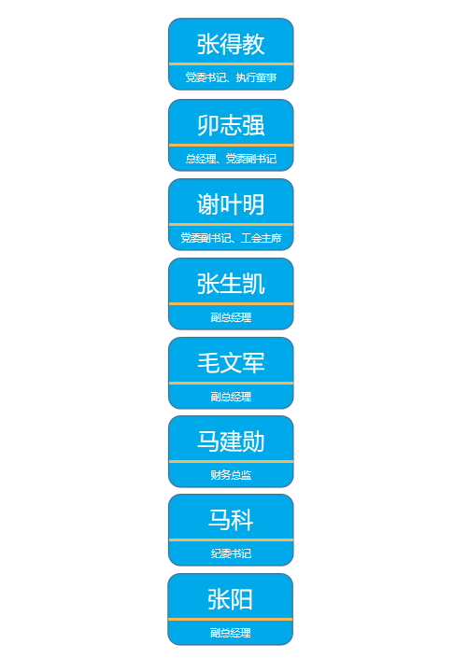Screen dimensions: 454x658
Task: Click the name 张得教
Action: (x=231, y=44)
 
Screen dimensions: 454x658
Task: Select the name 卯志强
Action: (x=231, y=125)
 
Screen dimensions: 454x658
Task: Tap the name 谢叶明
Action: (x=231, y=204)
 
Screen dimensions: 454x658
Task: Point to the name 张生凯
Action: (x=231, y=284)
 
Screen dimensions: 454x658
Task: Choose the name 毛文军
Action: (x=231, y=363)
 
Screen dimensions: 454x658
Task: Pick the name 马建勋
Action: (x=231, y=441)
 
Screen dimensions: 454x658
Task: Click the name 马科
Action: (x=231, y=520)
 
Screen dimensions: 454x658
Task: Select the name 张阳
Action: (x=230, y=599)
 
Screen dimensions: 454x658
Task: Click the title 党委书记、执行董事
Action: (x=231, y=77)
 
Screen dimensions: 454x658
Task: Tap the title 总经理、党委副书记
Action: (x=231, y=159)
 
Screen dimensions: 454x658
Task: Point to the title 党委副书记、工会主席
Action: (x=231, y=238)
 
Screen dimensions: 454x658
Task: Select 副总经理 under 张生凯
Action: (x=231, y=317)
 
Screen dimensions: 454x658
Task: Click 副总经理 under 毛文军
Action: (x=231, y=397)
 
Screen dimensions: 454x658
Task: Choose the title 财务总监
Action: (x=231, y=475)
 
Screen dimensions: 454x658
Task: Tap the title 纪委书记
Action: (x=231, y=553)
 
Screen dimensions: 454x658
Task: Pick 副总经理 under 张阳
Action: (x=231, y=633)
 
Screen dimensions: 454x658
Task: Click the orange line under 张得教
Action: (x=231, y=63)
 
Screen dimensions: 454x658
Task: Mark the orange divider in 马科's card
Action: (x=231, y=539)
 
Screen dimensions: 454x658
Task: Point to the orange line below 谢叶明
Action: (x=231, y=224)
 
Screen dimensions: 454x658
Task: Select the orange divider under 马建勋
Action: (x=231, y=461)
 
